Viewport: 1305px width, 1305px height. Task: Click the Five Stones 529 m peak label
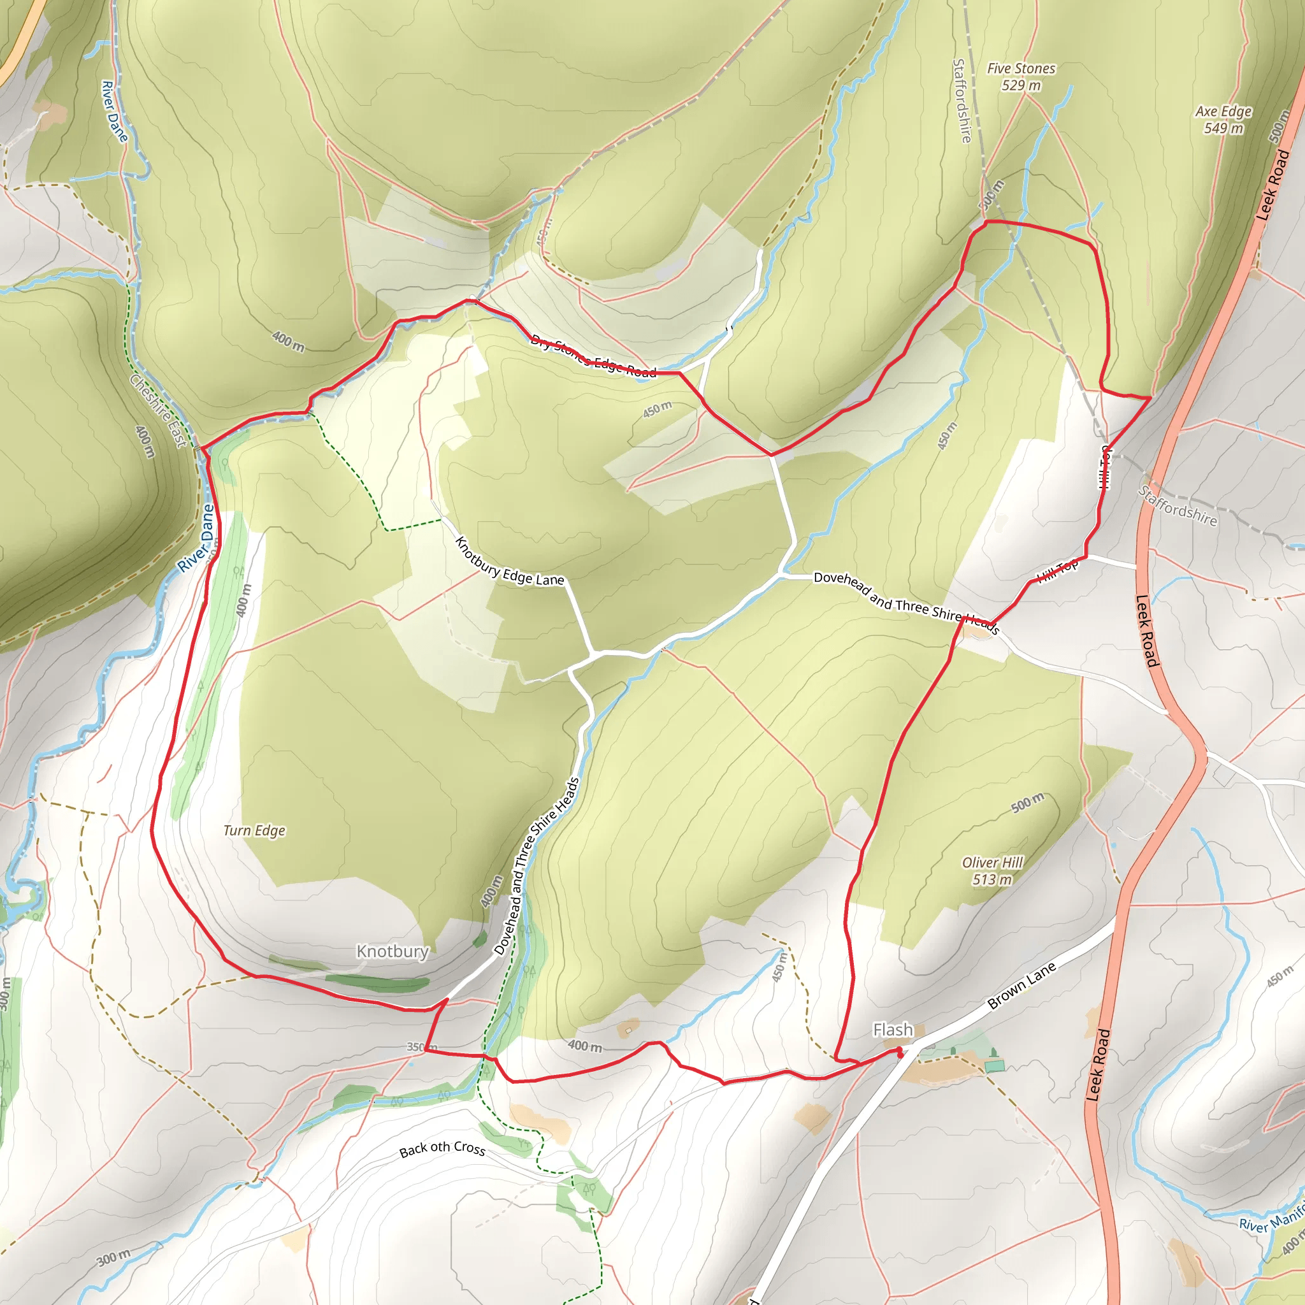pyautogui.click(x=1021, y=77)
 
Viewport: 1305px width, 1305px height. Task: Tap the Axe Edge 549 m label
pyautogui.click(x=1223, y=120)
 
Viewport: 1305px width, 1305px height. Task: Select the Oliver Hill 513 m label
pyautogui.click(x=992, y=870)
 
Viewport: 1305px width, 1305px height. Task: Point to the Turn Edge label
pyautogui.click(x=254, y=830)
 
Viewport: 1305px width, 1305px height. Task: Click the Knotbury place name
pyautogui.click(x=393, y=951)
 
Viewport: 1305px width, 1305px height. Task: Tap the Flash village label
pyautogui.click(x=892, y=1030)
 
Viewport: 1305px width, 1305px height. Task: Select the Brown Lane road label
pyautogui.click(x=1021, y=986)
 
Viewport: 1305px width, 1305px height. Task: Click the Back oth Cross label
pyautogui.click(x=442, y=1148)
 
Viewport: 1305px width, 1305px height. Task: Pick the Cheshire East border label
pyautogui.click(x=157, y=411)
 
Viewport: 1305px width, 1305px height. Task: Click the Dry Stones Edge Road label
pyautogui.click(x=593, y=356)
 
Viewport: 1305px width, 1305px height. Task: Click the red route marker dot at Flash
pyautogui.click(x=899, y=1051)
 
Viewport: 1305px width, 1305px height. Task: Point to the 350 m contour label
pyautogui.click(x=421, y=1047)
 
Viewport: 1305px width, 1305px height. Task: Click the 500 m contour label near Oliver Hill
pyautogui.click(x=1027, y=802)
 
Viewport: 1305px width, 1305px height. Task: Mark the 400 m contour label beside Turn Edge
pyautogui.click(x=243, y=600)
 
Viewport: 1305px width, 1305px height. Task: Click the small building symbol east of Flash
pyautogui.click(x=994, y=1066)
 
